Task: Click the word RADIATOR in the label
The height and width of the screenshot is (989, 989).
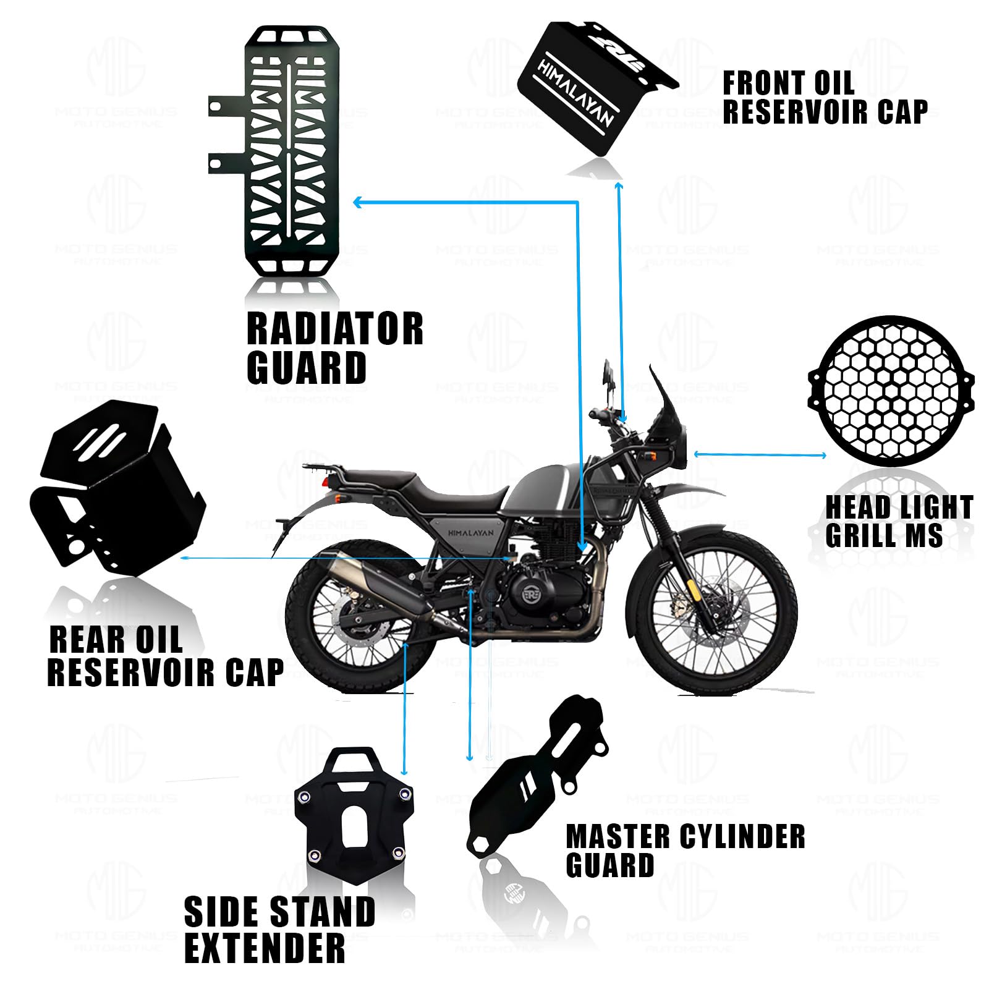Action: [x=334, y=329]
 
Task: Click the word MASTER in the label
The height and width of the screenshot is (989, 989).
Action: [x=618, y=837]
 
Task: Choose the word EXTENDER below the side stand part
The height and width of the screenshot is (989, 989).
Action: [x=265, y=948]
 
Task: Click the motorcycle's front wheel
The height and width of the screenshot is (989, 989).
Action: [x=711, y=612]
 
